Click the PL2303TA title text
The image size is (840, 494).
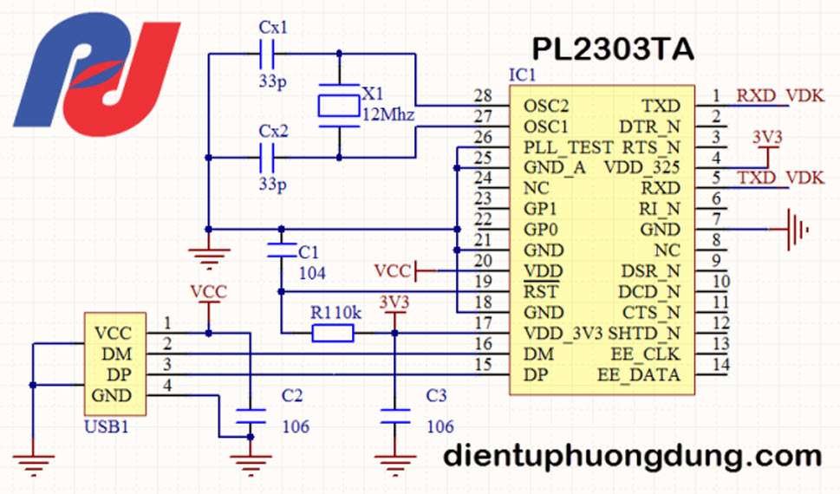[613, 49]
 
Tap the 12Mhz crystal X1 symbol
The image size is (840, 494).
[339, 106]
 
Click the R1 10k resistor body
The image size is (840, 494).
[333, 334]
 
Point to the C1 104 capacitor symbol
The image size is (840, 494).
[281, 250]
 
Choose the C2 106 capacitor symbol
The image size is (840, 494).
[251, 416]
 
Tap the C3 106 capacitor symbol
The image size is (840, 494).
[394, 416]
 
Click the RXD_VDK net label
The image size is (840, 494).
[780, 95]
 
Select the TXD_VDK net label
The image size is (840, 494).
[781, 178]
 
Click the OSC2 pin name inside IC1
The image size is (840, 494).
[546, 106]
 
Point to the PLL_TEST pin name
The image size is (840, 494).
[568, 147]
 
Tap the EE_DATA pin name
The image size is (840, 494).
[639, 374]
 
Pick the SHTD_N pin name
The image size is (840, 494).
[644, 334]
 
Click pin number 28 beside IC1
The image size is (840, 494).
[483, 95]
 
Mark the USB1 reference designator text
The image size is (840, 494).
[107, 427]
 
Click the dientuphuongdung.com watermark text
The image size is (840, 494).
[632, 457]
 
